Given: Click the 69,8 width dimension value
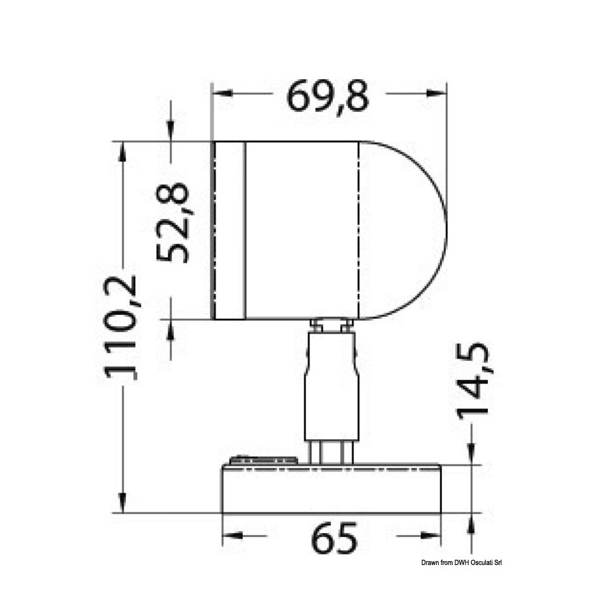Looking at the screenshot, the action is tap(328, 97).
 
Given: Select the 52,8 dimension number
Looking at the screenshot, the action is tap(173, 223).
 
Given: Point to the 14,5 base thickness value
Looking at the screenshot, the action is tap(473, 381).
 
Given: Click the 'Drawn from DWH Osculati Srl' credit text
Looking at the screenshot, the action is tap(461, 562).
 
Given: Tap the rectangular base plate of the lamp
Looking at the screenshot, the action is tap(331, 489).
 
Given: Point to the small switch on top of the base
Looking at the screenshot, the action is tap(264, 460).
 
